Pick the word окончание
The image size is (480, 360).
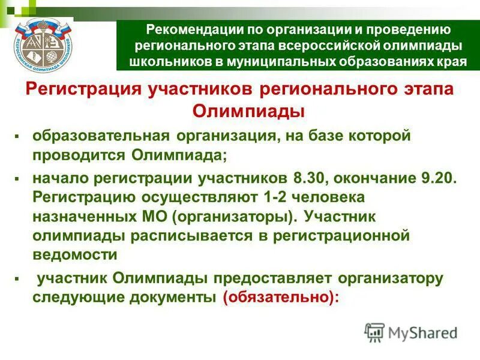[x=376, y=179]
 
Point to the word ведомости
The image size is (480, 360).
[x=75, y=254]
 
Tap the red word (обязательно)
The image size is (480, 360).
[x=276, y=297]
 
